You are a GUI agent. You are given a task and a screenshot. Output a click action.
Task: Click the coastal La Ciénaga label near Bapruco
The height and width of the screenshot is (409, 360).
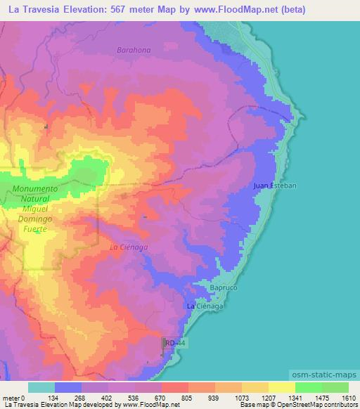[205, 307]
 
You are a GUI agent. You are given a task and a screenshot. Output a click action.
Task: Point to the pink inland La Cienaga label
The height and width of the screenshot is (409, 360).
[128, 247]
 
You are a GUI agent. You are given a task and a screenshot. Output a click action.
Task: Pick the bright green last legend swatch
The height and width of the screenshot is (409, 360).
[335, 387]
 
